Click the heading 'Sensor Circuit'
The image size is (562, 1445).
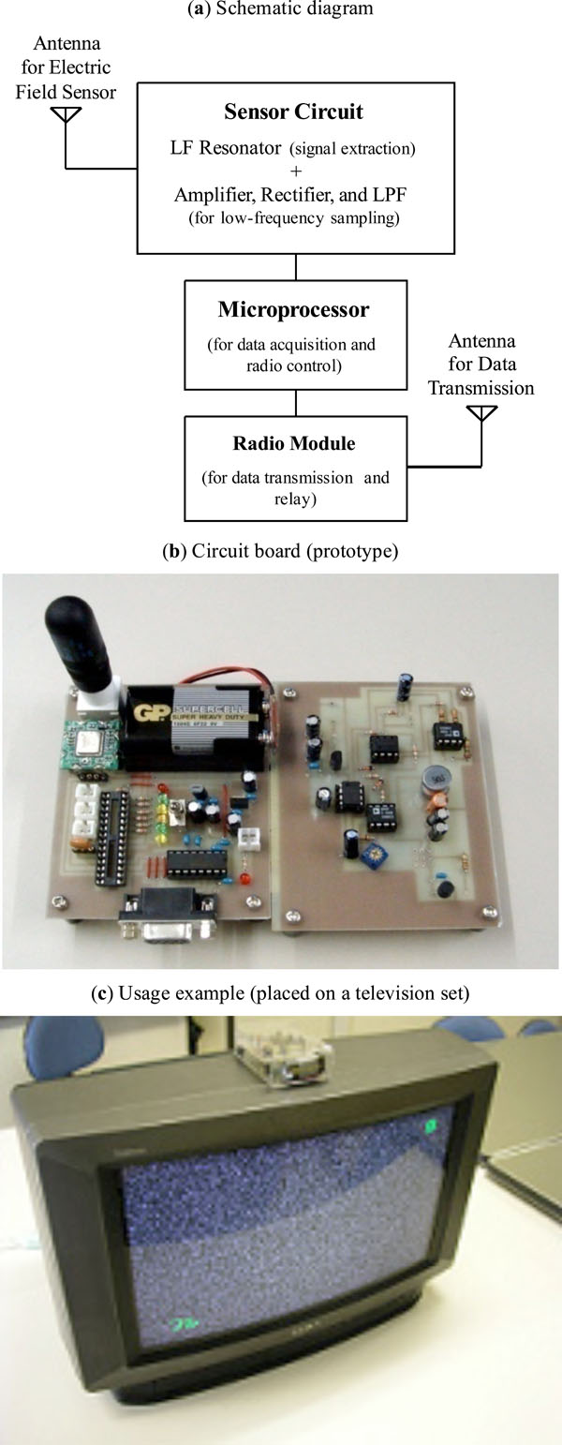click(293, 112)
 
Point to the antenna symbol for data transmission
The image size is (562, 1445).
click(481, 411)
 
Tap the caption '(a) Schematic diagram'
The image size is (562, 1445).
click(280, 9)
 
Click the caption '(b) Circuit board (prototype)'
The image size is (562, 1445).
click(280, 551)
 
